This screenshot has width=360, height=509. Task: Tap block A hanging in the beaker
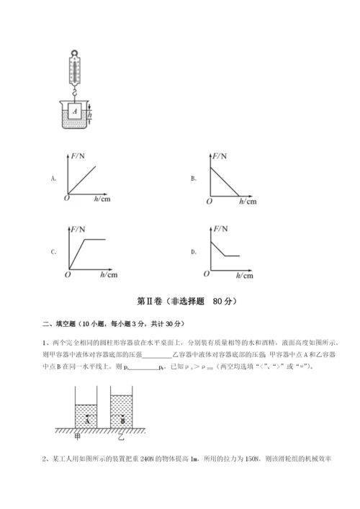pyautogui.click(x=75, y=112)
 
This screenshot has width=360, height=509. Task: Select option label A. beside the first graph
pyautogui.click(x=53, y=177)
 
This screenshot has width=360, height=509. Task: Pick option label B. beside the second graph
pyautogui.click(x=194, y=177)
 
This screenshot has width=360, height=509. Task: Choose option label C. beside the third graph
pyautogui.click(x=53, y=252)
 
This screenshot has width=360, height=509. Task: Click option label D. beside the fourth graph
pyautogui.click(x=194, y=252)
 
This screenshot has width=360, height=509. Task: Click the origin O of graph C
pyautogui.click(x=67, y=274)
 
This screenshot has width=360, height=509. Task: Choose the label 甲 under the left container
pyautogui.click(x=77, y=436)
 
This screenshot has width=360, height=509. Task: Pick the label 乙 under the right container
pyautogui.click(x=121, y=436)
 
